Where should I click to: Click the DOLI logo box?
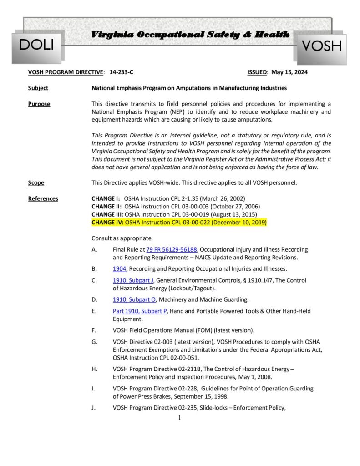coord(36,45)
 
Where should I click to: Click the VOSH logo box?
coord(322,46)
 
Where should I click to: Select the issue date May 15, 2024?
coord(289,72)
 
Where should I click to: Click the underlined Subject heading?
coord(38,88)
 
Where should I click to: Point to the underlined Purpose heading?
coord(39,104)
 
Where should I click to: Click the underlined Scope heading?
coord(36,183)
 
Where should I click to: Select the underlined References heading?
coord(43,198)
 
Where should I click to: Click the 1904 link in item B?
coord(119,268)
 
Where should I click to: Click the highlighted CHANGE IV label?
coord(107,222)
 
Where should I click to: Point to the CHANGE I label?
coord(106,199)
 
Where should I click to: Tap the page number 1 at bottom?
coord(180,418)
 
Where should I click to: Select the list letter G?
coord(94,342)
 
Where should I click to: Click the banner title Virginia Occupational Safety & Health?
coord(190,35)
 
